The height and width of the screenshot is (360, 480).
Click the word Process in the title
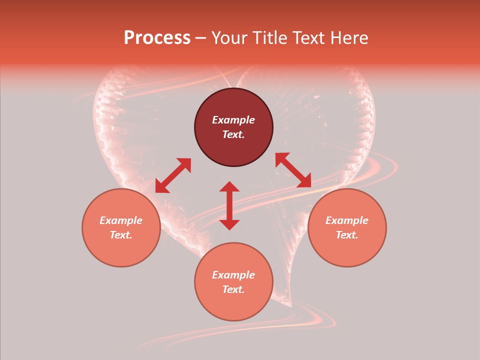(x=157, y=38)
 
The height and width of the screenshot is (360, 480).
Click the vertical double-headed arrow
(x=229, y=205)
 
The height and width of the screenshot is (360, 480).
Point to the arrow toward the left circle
(x=173, y=175)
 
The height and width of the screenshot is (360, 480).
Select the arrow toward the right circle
(x=293, y=170)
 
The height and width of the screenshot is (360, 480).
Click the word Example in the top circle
(x=233, y=120)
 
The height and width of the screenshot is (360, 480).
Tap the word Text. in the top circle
(x=233, y=134)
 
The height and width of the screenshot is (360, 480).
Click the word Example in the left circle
(x=121, y=220)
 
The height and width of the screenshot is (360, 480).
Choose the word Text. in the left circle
(x=121, y=235)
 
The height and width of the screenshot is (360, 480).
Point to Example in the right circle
(x=347, y=220)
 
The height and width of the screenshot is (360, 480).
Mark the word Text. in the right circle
(x=347, y=235)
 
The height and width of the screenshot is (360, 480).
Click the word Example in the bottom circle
(x=233, y=275)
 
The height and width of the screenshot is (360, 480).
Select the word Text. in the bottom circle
(x=233, y=289)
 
